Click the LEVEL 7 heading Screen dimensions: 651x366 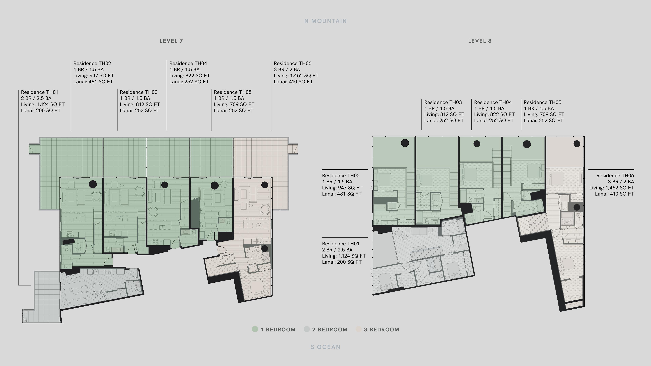pyautogui.click(x=171, y=41)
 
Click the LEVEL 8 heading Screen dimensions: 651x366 pyautogui.click(x=480, y=41)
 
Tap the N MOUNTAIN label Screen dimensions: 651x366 pyautogui.click(x=325, y=21)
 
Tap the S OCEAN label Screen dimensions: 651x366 pyautogui.click(x=325, y=347)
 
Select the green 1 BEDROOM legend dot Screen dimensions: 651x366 pyautogui.click(x=255, y=329)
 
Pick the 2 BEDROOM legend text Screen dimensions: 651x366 pyautogui.click(x=330, y=330)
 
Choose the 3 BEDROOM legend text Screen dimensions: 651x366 pyautogui.click(x=382, y=330)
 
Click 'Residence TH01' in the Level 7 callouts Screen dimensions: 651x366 pyautogui.click(x=40, y=92)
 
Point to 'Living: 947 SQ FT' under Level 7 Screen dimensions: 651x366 pyautogui.click(x=94, y=76)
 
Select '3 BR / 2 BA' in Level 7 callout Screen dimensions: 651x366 pyautogui.click(x=287, y=69)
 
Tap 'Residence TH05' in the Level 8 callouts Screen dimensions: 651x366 pyautogui.click(x=542, y=102)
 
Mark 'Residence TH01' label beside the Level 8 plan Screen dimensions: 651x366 pyautogui.click(x=340, y=244)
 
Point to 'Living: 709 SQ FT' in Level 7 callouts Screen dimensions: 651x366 pyautogui.click(x=234, y=104)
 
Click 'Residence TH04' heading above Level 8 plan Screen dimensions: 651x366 pyautogui.click(x=493, y=102)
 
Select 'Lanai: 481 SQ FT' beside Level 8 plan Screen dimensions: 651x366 pyautogui.click(x=342, y=194)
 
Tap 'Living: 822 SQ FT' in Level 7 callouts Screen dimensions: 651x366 pyautogui.click(x=190, y=76)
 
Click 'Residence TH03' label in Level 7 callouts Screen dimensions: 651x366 pyautogui.click(x=139, y=92)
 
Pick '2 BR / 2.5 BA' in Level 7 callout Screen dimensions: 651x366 pyautogui.click(x=36, y=98)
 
